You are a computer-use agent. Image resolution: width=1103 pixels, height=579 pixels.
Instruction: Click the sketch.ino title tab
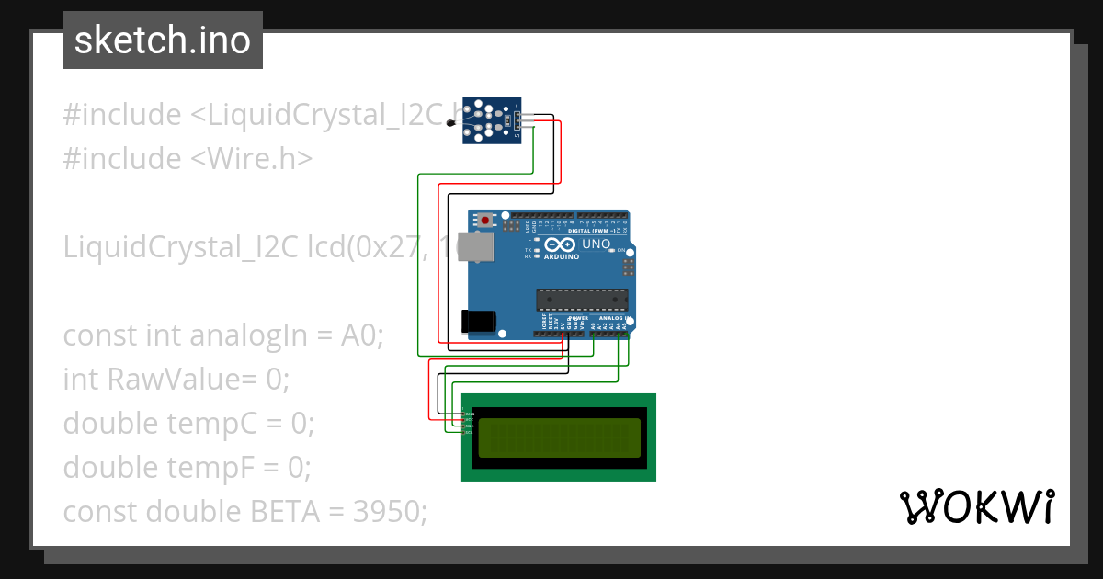point(162,40)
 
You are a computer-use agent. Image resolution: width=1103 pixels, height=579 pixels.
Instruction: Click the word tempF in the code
point(210,468)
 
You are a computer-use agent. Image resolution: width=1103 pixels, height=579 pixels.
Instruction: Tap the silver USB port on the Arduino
point(475,246)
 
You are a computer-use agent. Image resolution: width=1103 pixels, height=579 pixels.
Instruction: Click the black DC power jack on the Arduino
point(477,321)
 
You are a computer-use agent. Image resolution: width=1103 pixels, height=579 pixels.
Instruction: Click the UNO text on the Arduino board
point(597,244)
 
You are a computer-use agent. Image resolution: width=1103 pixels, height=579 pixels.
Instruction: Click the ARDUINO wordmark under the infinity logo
point(562,257)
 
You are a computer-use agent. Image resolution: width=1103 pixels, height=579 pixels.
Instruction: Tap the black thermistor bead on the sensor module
point(449,122)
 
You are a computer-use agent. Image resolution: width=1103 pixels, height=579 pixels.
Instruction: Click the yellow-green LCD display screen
point(559,437)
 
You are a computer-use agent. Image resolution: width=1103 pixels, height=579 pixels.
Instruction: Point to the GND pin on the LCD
point(469,414)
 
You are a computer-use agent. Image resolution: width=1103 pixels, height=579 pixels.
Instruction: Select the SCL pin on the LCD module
point(469,433)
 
